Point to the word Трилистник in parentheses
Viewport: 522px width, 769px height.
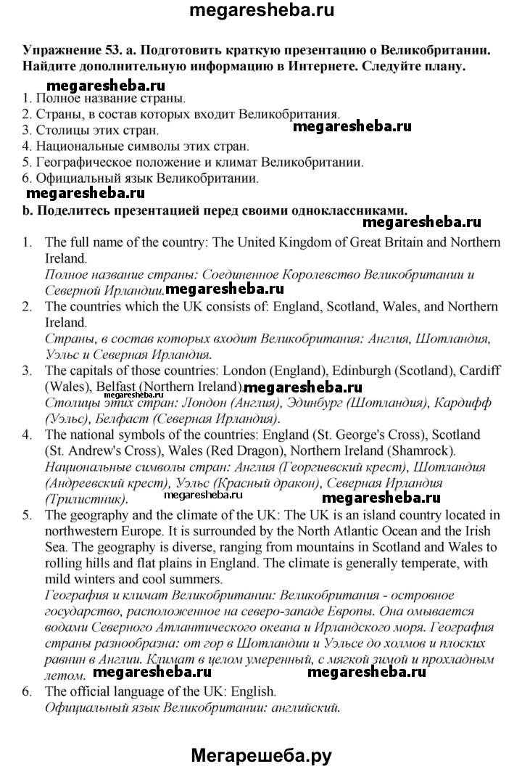[x=84, y=499]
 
